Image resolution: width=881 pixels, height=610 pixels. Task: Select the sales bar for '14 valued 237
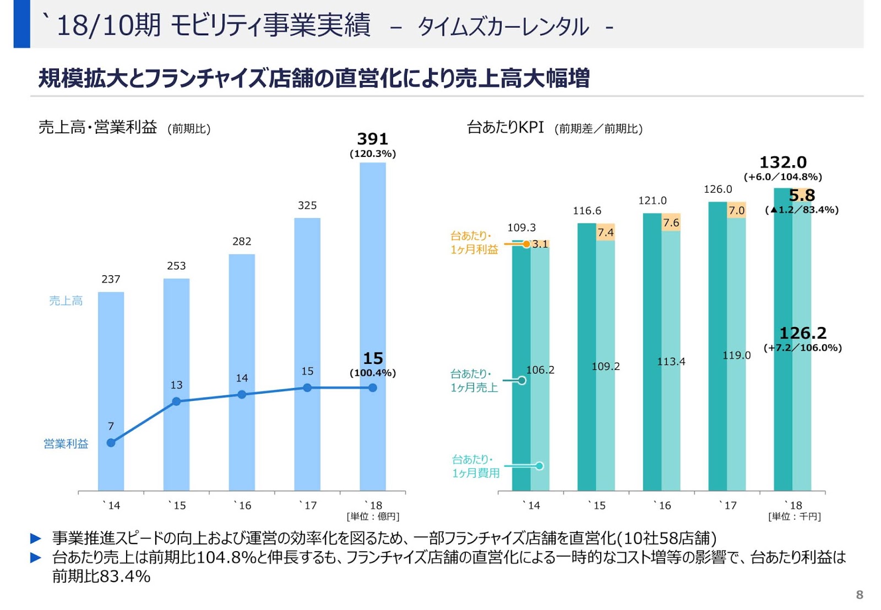(x=111, y=391)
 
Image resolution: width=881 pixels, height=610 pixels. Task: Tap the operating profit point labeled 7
(x=111, y=443)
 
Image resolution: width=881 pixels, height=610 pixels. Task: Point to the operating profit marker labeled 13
(x=176, y=401)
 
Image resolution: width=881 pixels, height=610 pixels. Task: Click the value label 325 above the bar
(x=307, y=205)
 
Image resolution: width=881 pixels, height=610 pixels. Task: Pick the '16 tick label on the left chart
(x=242, y=505)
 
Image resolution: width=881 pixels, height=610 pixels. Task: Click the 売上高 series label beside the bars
(x=66, y=301)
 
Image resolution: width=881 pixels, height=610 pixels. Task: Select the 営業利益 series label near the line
(x=66, y=444)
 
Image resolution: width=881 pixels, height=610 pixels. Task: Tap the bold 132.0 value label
(x=782, y=162)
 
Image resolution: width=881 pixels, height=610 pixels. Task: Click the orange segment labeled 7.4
(x=606, y=232)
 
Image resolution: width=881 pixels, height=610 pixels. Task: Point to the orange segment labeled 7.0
(x=736, y=210)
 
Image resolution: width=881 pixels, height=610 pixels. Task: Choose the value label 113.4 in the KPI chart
(x=671, y=362)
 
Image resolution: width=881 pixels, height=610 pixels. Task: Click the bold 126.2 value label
(x=803, y=333)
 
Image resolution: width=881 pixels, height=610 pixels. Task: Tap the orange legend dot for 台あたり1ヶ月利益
(x=526, y=244)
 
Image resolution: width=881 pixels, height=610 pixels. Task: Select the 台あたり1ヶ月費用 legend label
(x=476, y=466)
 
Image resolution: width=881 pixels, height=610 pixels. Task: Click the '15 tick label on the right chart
(x=597, y=505)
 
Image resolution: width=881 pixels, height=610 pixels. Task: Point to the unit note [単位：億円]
(x=373, y=516)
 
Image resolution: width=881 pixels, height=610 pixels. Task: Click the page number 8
(x=859, y=595)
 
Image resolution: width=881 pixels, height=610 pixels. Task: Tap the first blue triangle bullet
(x=36, y=538)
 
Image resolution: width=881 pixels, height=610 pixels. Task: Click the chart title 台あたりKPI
(x=505, y=128)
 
